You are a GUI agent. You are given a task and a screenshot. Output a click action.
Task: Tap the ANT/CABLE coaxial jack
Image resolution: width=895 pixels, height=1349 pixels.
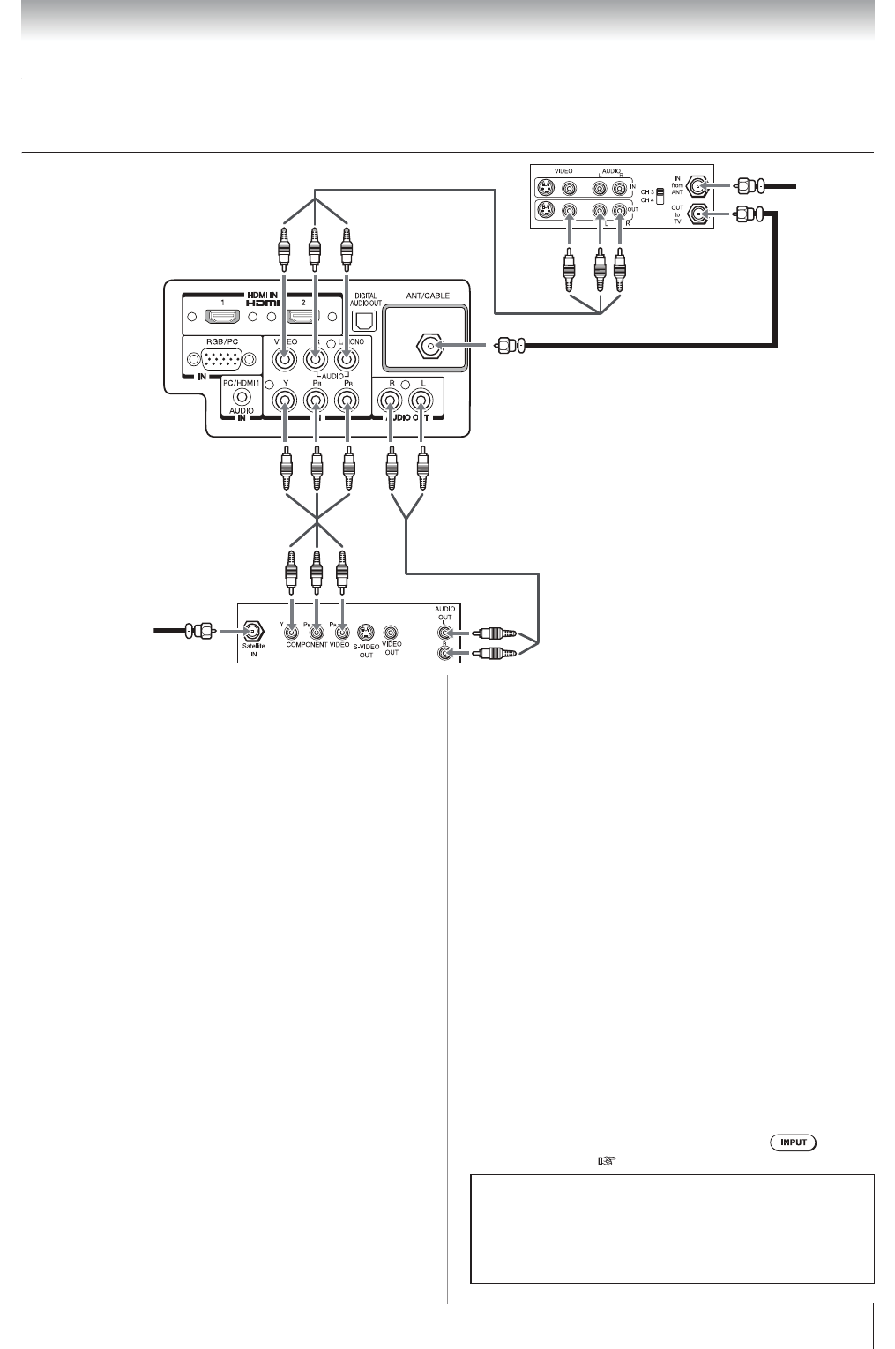[x=430, y=347]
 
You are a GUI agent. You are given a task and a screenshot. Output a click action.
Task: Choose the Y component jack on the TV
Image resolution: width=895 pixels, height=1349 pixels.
[x=285, y=401]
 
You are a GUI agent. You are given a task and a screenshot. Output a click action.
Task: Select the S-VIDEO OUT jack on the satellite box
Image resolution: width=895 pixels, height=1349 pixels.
[x=366, y=632]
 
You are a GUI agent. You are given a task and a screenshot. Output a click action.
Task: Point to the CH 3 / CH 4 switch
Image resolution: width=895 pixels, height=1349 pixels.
[x=660, y=195]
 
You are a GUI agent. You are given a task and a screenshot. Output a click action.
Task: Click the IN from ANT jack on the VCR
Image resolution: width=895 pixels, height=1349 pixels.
[x=700, y=185]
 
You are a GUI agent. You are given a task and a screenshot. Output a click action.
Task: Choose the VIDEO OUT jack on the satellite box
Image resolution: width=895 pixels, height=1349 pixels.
[x=392, y=632]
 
